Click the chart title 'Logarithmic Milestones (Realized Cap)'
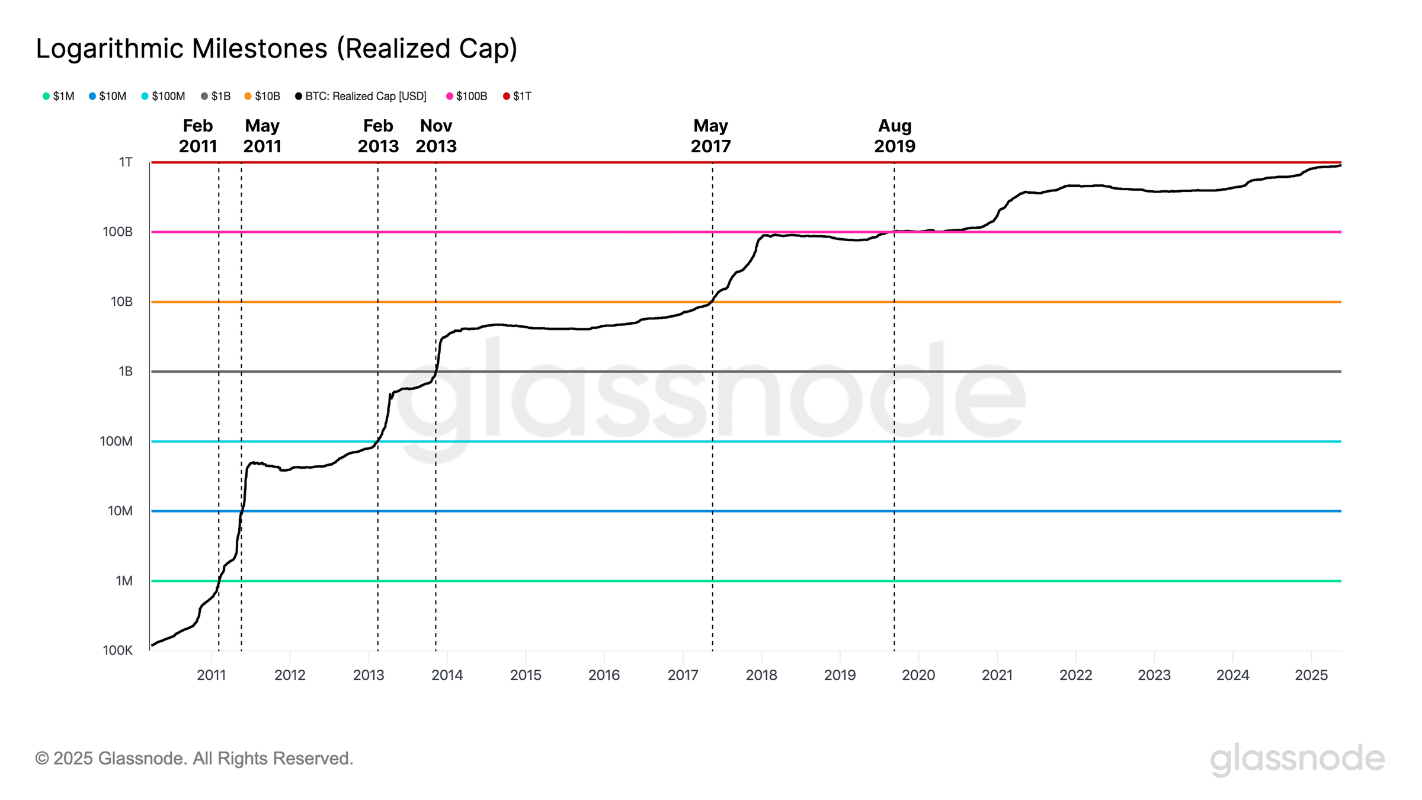coord(277,49)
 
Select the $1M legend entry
coord(59,96)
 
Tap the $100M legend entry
coord(164,96)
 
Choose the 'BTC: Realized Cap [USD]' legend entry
coord(361,96)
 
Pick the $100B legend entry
coord(467,96)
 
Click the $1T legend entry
coord(517,96)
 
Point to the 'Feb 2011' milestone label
coord(198,136)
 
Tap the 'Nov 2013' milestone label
coord(436,136)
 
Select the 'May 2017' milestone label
coord(710,136)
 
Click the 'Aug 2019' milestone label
coord(895,136)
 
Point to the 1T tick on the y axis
coord(126,162)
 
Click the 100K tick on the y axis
coord(118,650)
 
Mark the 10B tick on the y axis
coord(121,302)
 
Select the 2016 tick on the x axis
coord(604,675)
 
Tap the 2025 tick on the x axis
coord(1311,675)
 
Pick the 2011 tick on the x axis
coord(212,675)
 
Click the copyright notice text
coord(194,759)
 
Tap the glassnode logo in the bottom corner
coord(1297,759)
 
